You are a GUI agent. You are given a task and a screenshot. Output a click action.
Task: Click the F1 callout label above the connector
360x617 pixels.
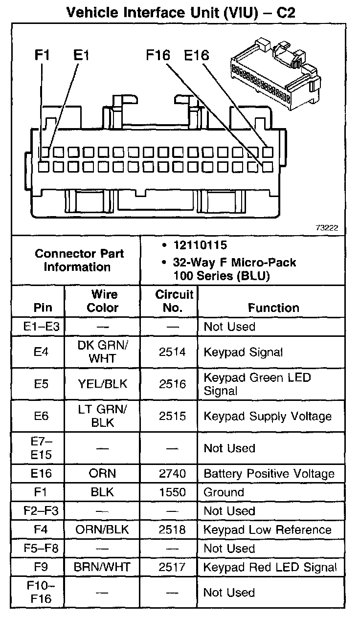pos(43,55)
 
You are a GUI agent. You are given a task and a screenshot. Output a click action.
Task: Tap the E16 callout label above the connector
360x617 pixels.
pos(197,55)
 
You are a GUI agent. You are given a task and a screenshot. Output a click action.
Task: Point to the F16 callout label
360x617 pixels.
pos(157,55)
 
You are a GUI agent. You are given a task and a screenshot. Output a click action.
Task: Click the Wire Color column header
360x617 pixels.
pos(102,301)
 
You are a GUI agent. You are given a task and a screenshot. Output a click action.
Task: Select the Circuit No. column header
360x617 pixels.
pos(169,301)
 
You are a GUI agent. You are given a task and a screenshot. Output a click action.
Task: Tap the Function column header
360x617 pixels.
pos(273,308)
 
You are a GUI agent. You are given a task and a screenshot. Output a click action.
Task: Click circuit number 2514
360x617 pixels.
pos(169,352)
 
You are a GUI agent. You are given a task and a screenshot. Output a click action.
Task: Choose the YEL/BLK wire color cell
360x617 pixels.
pos(102,384)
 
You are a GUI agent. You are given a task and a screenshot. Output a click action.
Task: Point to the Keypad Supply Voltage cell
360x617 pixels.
pos(268,416)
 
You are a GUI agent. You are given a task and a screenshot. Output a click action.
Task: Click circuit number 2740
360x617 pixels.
pos(169,473)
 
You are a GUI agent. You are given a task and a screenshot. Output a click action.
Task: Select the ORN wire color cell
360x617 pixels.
pos(102,473)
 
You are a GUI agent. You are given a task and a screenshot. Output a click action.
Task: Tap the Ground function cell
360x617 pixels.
pos(224,492)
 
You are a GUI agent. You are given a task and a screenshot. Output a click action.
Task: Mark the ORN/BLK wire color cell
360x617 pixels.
pos(102,530)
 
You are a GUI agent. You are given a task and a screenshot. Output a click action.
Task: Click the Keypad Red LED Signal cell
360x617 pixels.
pos(270,568)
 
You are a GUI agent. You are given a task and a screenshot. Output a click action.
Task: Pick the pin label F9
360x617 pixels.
pos(42,568)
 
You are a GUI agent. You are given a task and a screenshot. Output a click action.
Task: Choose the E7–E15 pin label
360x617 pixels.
pos(42,448)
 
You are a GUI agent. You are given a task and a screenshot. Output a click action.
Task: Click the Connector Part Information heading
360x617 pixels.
pos(79,260)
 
